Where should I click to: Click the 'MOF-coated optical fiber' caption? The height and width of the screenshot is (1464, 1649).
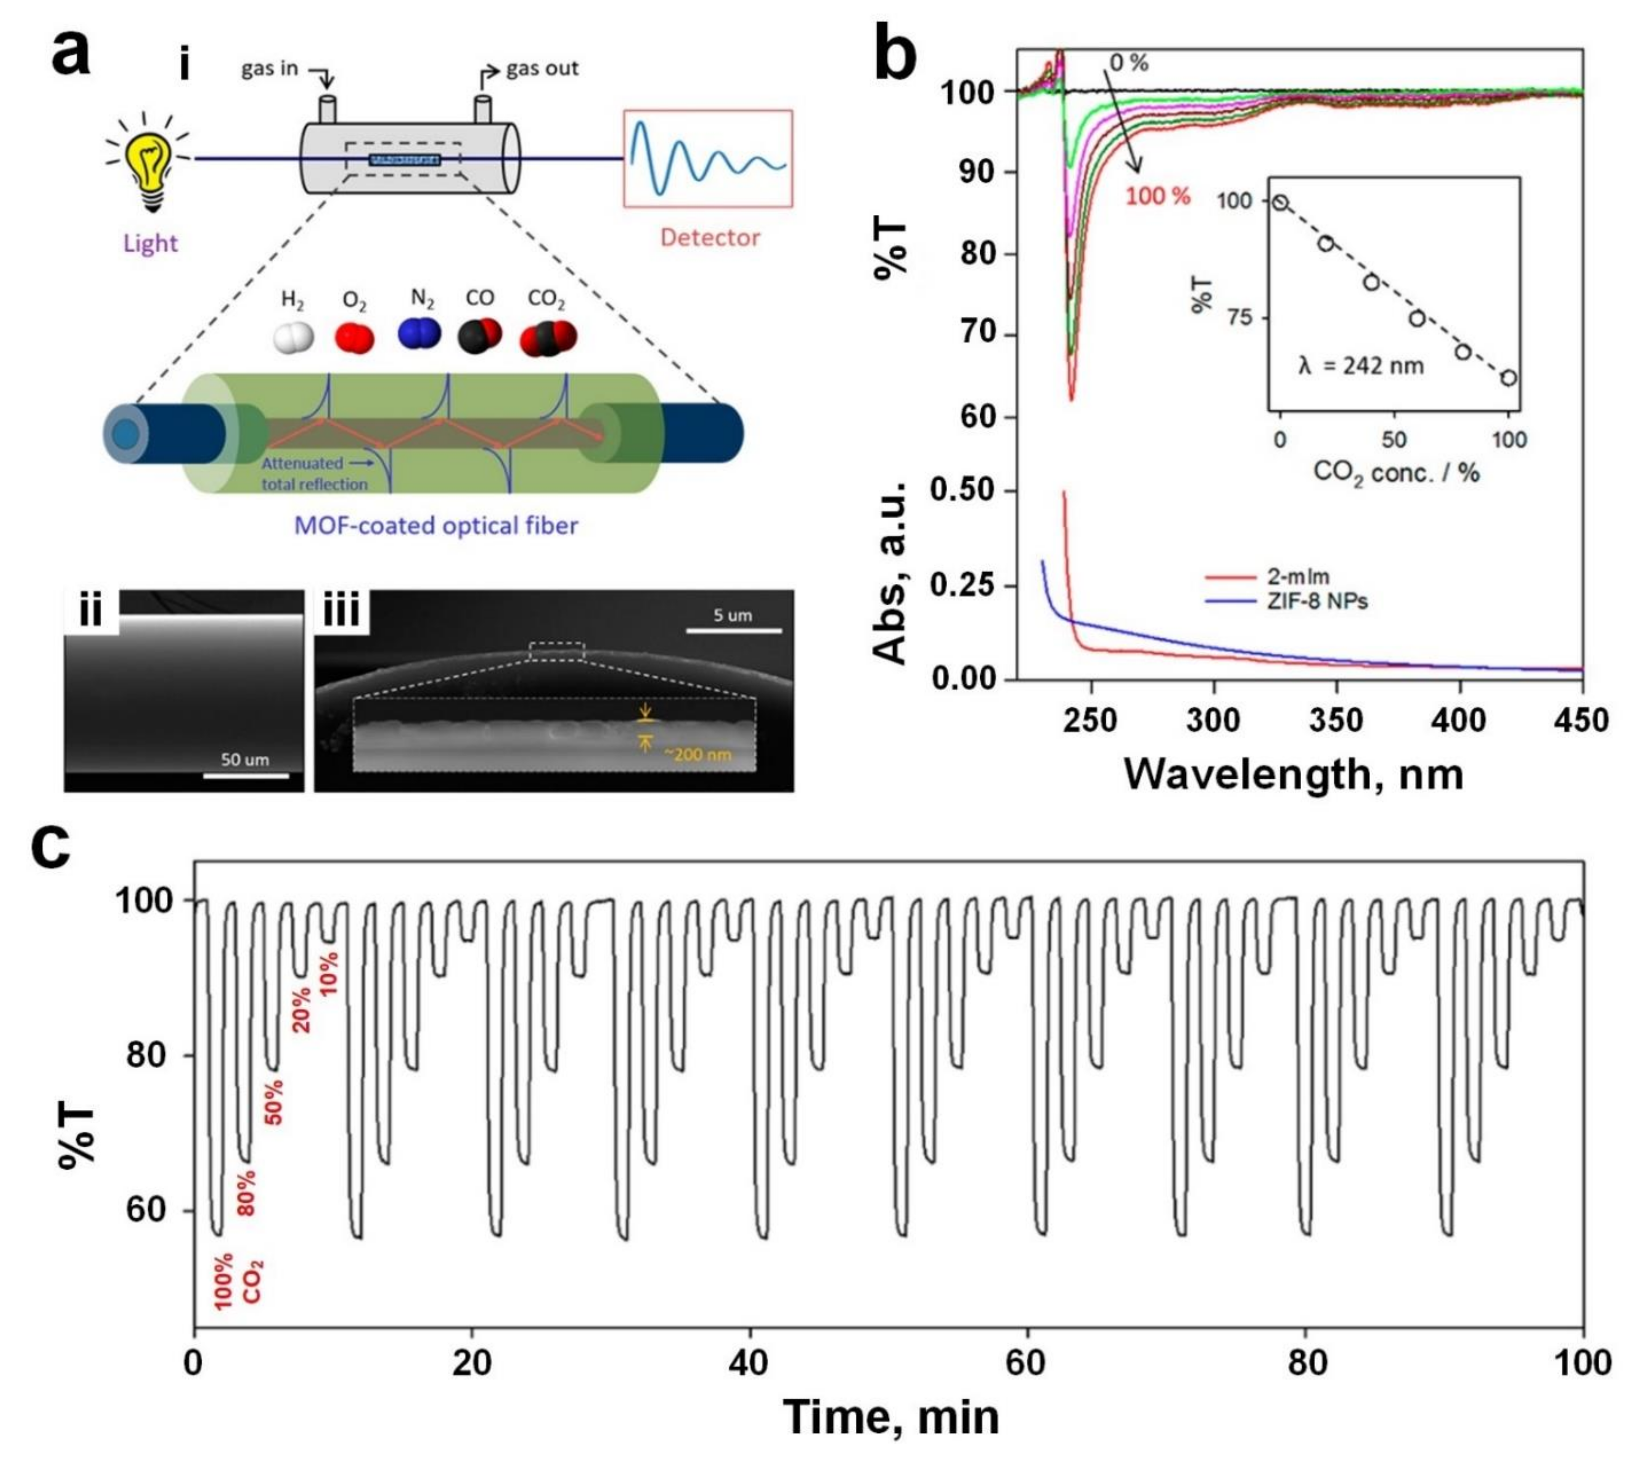pyautogui.click(x=436, y=526)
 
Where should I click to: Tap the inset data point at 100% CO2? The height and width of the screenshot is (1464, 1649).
pyautogui.click(x=1508, y=378)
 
